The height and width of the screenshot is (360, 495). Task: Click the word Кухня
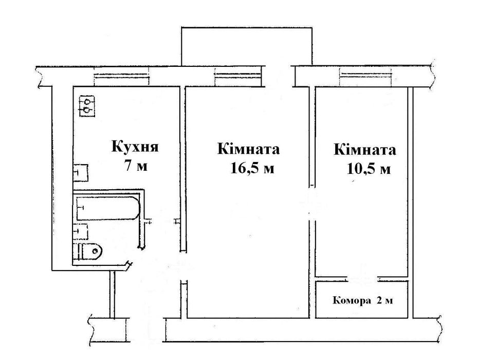coord(135,147)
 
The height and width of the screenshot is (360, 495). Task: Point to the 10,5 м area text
coord(368,169)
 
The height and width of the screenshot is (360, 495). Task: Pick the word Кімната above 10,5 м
coord(365,150)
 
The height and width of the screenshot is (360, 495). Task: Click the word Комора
coord(352,300)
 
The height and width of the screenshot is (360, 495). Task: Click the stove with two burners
coord(86,105)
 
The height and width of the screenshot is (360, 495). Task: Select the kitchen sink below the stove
coord(81,172)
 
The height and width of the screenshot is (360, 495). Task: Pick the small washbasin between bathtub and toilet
coord(81,231)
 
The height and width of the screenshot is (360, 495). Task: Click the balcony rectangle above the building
coord(247,46)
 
